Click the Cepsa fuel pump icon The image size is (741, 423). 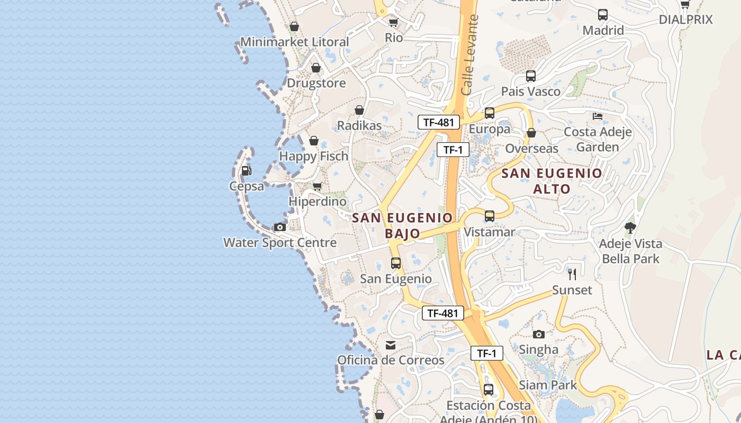pos(246,171)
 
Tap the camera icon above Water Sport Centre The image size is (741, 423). pos(280,227)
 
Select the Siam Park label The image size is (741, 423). pos(548,385)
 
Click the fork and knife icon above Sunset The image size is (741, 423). pos(572,274)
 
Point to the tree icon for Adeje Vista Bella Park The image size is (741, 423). pos(630,228)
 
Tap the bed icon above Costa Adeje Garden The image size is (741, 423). pos(598,116)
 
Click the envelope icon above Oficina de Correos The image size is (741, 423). pos(391,345)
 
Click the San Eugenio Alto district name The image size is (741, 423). pos(552,181)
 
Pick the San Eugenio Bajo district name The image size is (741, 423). pos(403,225)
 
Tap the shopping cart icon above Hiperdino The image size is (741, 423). pos(318,186)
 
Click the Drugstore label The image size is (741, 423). pos(316,83)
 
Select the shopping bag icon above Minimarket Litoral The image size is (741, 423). pos(294,26)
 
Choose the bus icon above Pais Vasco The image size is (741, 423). pos(531,76)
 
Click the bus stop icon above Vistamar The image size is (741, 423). pos(490,216)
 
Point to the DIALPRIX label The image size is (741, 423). pos(686,20)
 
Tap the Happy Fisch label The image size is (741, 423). pos(314,156)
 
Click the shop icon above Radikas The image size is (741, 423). pos(359,110)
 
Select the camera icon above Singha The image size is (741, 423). pos(539,334)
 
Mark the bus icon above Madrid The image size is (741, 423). pos(603,15)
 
